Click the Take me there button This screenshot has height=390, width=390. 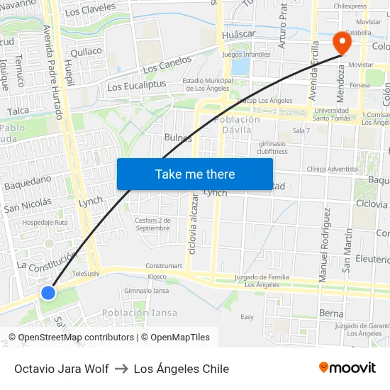195,174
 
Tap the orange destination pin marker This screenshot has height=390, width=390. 342,43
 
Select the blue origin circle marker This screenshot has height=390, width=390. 48,292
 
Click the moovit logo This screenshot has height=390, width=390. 347,368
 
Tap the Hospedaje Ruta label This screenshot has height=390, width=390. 45,222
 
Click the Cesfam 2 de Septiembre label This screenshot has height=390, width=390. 152,224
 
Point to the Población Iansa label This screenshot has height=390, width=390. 140,313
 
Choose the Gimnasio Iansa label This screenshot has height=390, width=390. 146,291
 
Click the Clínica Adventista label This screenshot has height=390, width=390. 333,169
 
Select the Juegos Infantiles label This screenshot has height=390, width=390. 246,54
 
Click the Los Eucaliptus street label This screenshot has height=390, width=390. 136,85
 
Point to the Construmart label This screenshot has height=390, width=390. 164,266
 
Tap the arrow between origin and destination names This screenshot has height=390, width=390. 121,369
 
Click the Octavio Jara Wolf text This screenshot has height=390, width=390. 62,369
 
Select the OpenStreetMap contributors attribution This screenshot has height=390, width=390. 76,338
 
